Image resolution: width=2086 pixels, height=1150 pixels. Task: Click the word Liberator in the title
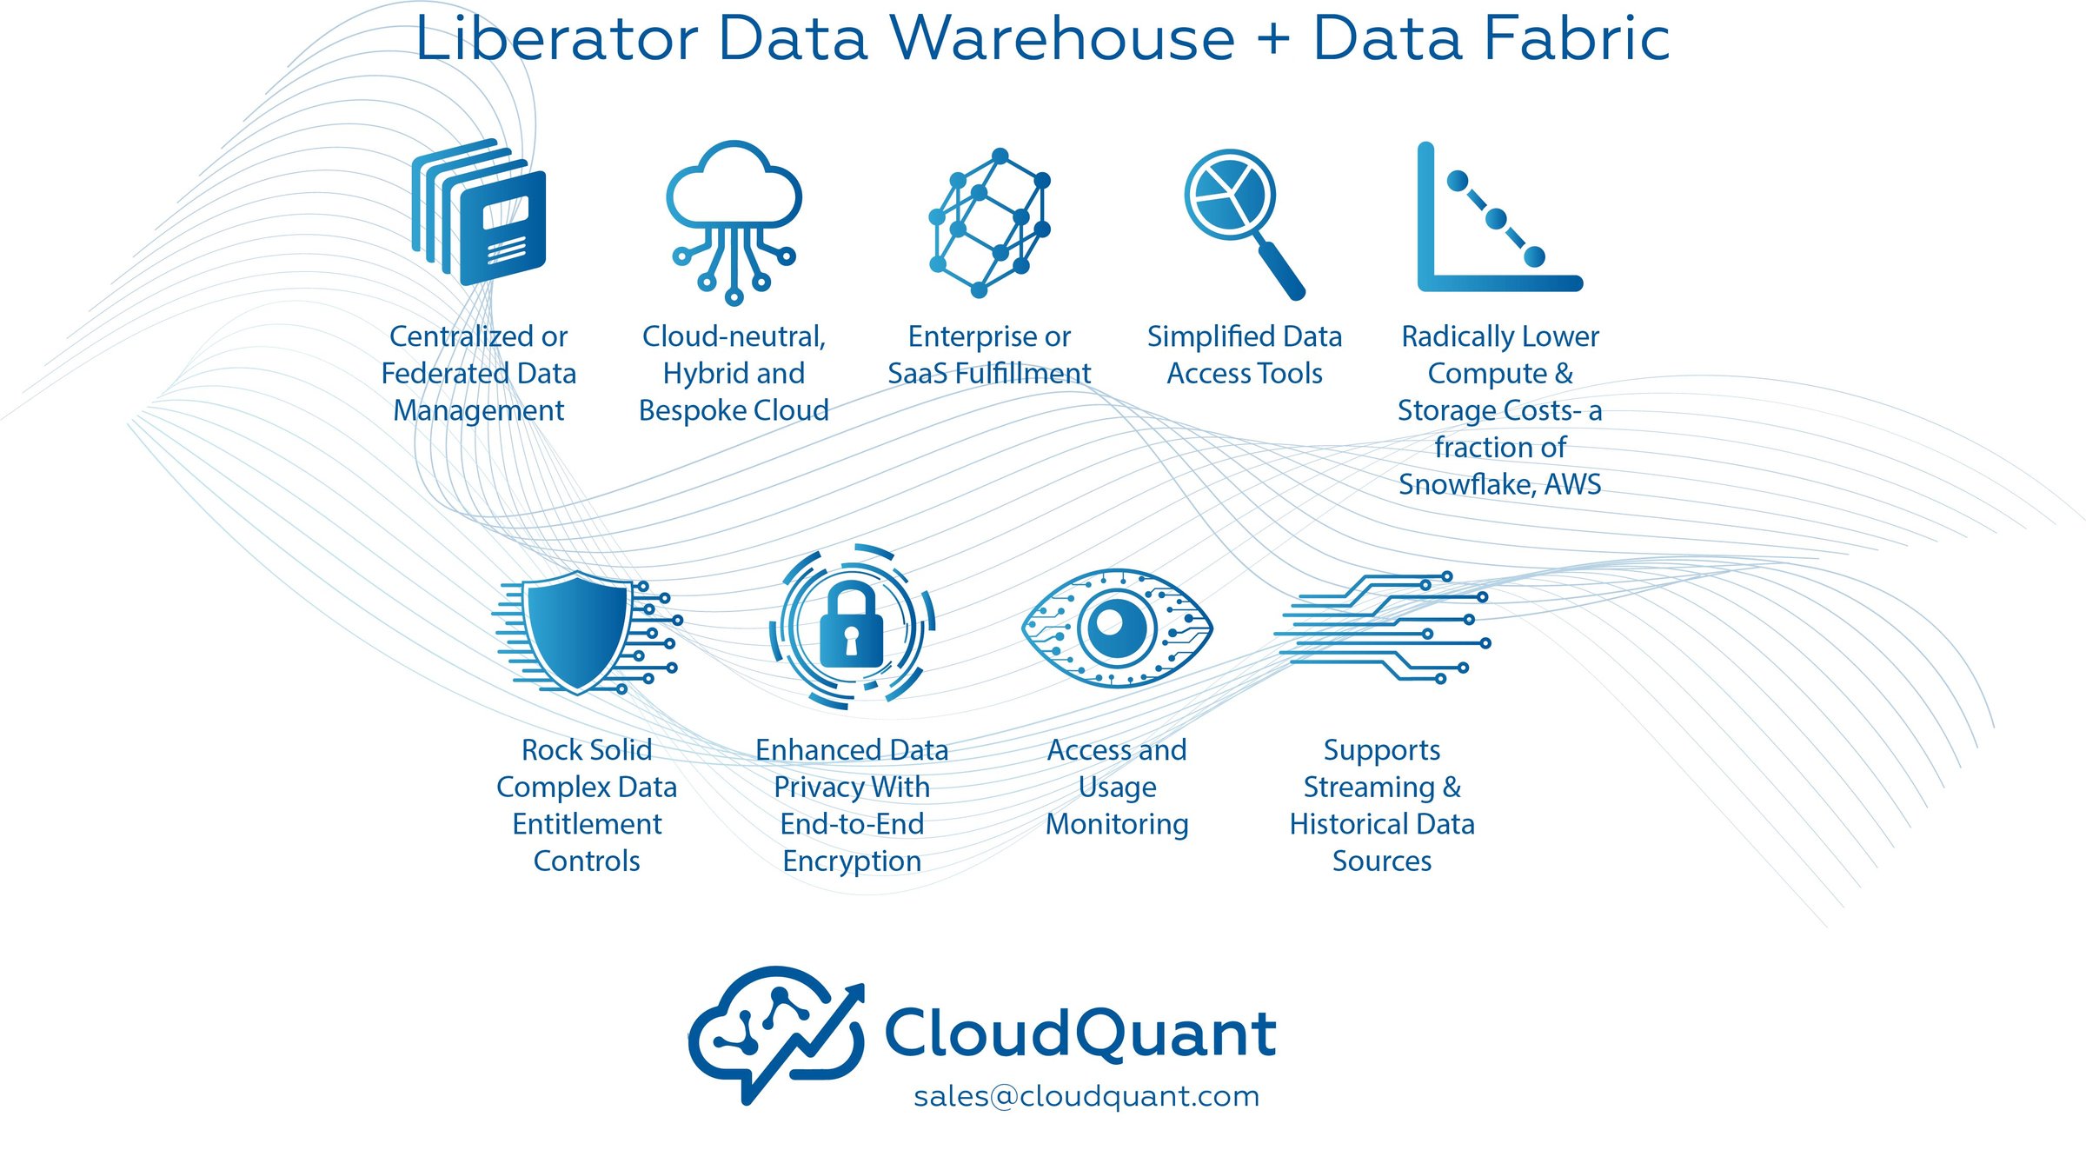tap(556, 39)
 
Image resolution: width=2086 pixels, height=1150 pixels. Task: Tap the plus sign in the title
tap(1272, 41)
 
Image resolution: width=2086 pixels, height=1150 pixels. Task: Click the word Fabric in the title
tap(1577, 39)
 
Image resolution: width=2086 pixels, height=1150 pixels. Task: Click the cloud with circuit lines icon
tap(734, 217)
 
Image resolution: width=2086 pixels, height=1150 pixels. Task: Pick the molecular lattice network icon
tap(989, 222)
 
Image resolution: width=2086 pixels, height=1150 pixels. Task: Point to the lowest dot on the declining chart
tap(1534, 256)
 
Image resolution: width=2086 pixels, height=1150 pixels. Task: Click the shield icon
tap(578, 630)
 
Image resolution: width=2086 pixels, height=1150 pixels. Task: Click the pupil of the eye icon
tap(1112, 623)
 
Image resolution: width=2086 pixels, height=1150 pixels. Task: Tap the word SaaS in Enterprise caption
tap(917, 374)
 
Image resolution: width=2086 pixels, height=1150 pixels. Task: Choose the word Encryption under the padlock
tap(852, 861)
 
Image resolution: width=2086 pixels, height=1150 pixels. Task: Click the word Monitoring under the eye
tap(1117, 824)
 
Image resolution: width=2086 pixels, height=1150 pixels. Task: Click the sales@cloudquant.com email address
tap(1086, 1096)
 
